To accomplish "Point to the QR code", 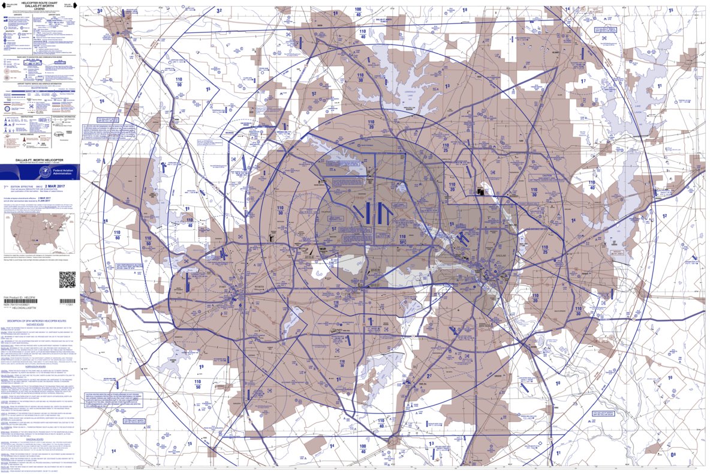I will [67, 280].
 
